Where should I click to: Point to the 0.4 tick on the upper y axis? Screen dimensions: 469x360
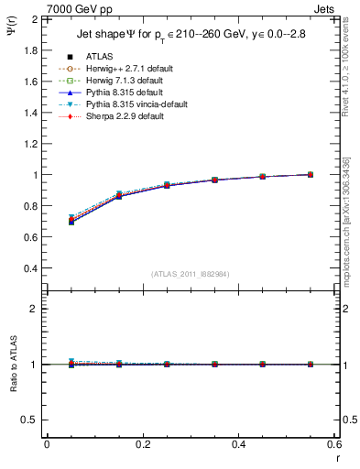(x=31, y=268)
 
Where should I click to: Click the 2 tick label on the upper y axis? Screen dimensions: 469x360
(x=35, y=19)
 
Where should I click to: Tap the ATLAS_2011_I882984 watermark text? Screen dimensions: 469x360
(x=191, y=274)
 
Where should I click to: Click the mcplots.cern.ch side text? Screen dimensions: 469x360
(x=353, y=229)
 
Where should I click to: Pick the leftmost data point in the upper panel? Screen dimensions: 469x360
(x=71, y=221)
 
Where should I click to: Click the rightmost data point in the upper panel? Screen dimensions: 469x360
(x=311, y=174)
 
